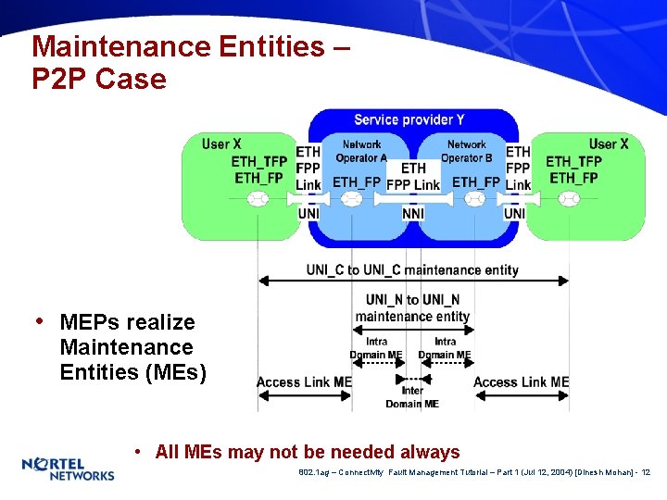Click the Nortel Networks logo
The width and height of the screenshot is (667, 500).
point(68,469)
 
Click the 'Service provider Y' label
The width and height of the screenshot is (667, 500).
point(409,120)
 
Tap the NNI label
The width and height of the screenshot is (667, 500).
point(412,214)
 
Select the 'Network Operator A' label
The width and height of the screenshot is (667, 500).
point(361,151)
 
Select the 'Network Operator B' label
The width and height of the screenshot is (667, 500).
point(466,151)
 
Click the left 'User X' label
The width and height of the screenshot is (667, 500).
point(221,144)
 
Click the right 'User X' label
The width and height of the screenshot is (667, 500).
point(609,144)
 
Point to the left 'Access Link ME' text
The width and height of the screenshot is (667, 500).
point(304,382)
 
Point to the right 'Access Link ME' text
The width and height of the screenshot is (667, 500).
point(521,382)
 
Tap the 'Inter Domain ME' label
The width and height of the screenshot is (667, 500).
point(412,397)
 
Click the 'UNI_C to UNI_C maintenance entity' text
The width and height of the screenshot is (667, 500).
point(412,269)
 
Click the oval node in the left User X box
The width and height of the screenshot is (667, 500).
point(258,199)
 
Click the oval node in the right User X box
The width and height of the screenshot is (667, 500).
point(569,199)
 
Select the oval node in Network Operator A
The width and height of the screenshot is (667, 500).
point(352,199)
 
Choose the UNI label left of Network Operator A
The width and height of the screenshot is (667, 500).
point(308,214)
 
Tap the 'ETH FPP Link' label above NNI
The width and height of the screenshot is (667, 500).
point(413,176)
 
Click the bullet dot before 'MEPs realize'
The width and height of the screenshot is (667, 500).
point(40,321)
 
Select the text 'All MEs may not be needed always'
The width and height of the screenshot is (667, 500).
point(308,452)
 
